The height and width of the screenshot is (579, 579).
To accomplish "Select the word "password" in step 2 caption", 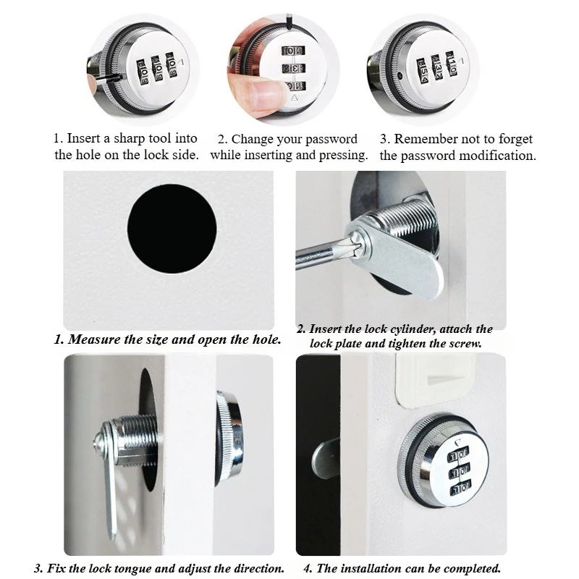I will click(331, 139).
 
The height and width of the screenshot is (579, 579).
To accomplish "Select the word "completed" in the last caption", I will click(471, 568).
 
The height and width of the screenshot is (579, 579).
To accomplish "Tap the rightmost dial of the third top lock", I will click(451, 67).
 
